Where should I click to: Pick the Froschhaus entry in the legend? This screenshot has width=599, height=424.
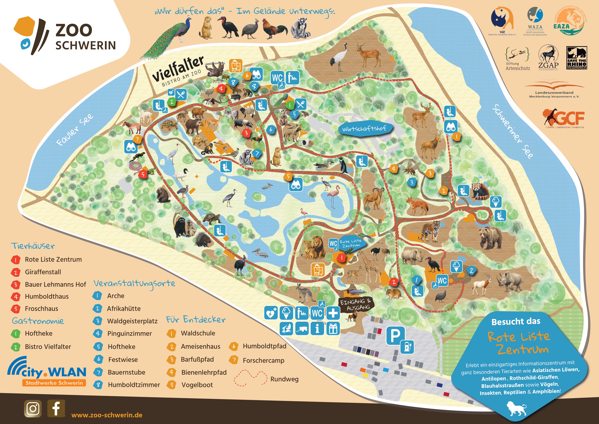42,309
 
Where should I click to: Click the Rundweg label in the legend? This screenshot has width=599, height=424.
284,379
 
